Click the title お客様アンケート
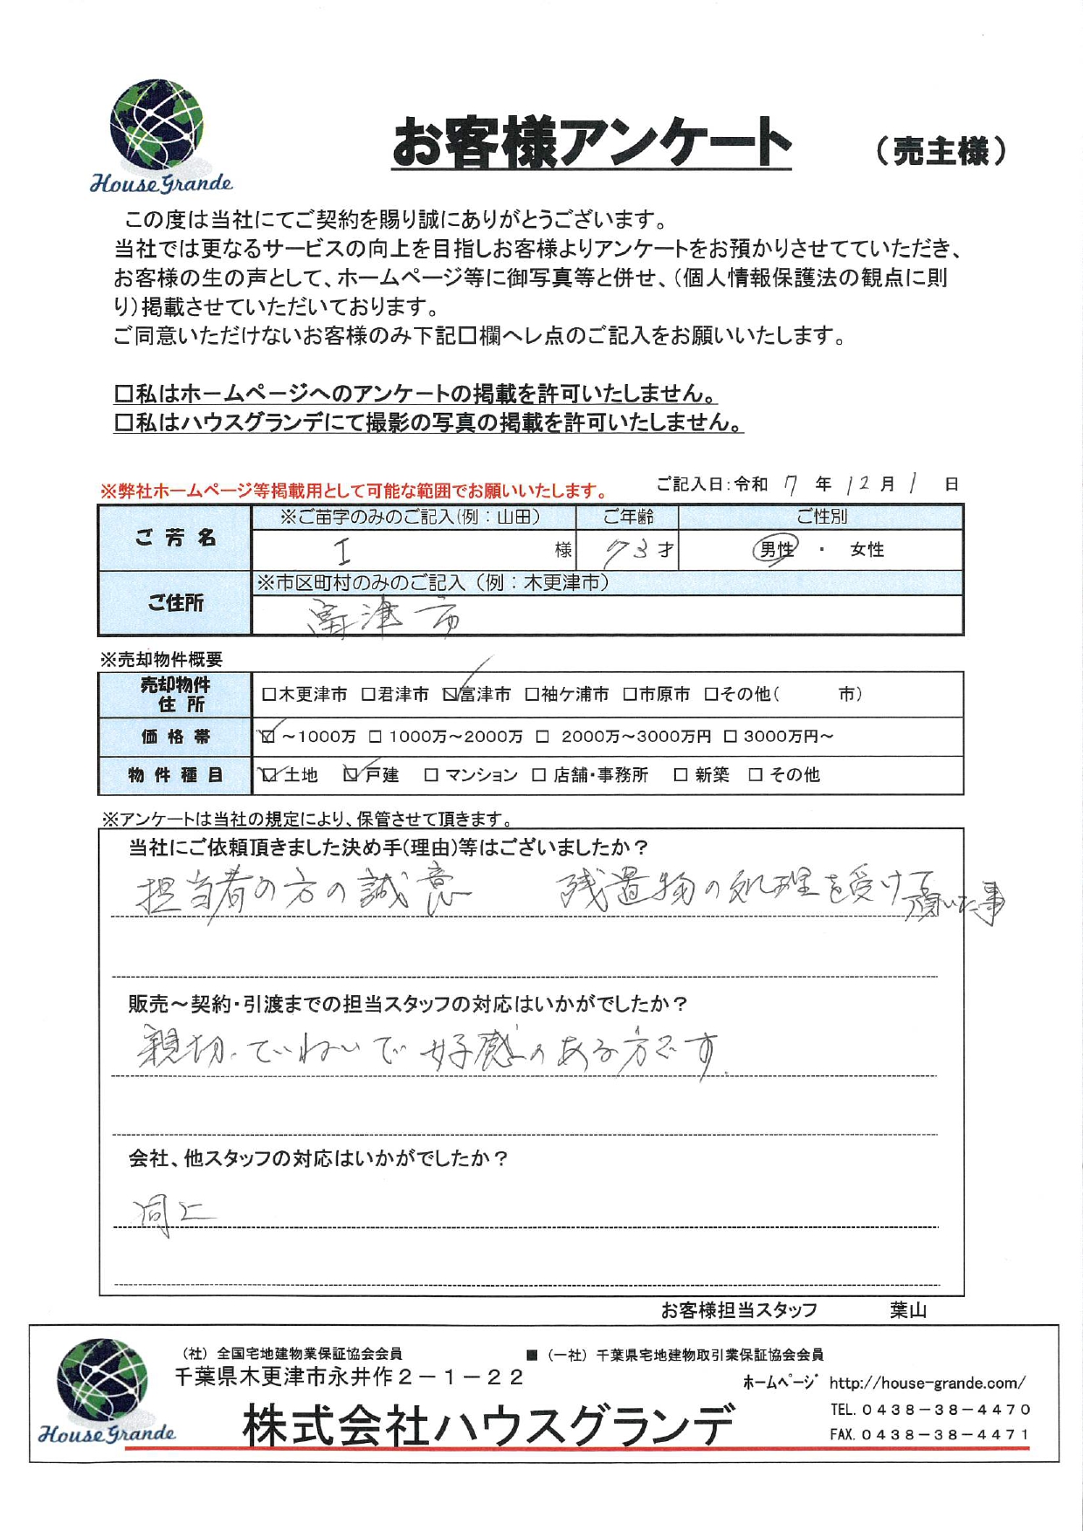(591, 144)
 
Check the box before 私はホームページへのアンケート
(123, 395)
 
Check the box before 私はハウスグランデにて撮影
(123, 423)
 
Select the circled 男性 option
(776, 550)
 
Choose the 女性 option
(866, 550)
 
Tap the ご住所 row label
(175, 603)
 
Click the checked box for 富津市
(451, 695)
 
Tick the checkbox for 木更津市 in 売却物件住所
(269, 695)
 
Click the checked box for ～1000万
(268, 737)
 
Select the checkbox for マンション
(431, 775)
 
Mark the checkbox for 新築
(680, 775)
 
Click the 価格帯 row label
(175, 737)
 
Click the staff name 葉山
(907, 1310)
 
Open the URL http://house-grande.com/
(927, 1383)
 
